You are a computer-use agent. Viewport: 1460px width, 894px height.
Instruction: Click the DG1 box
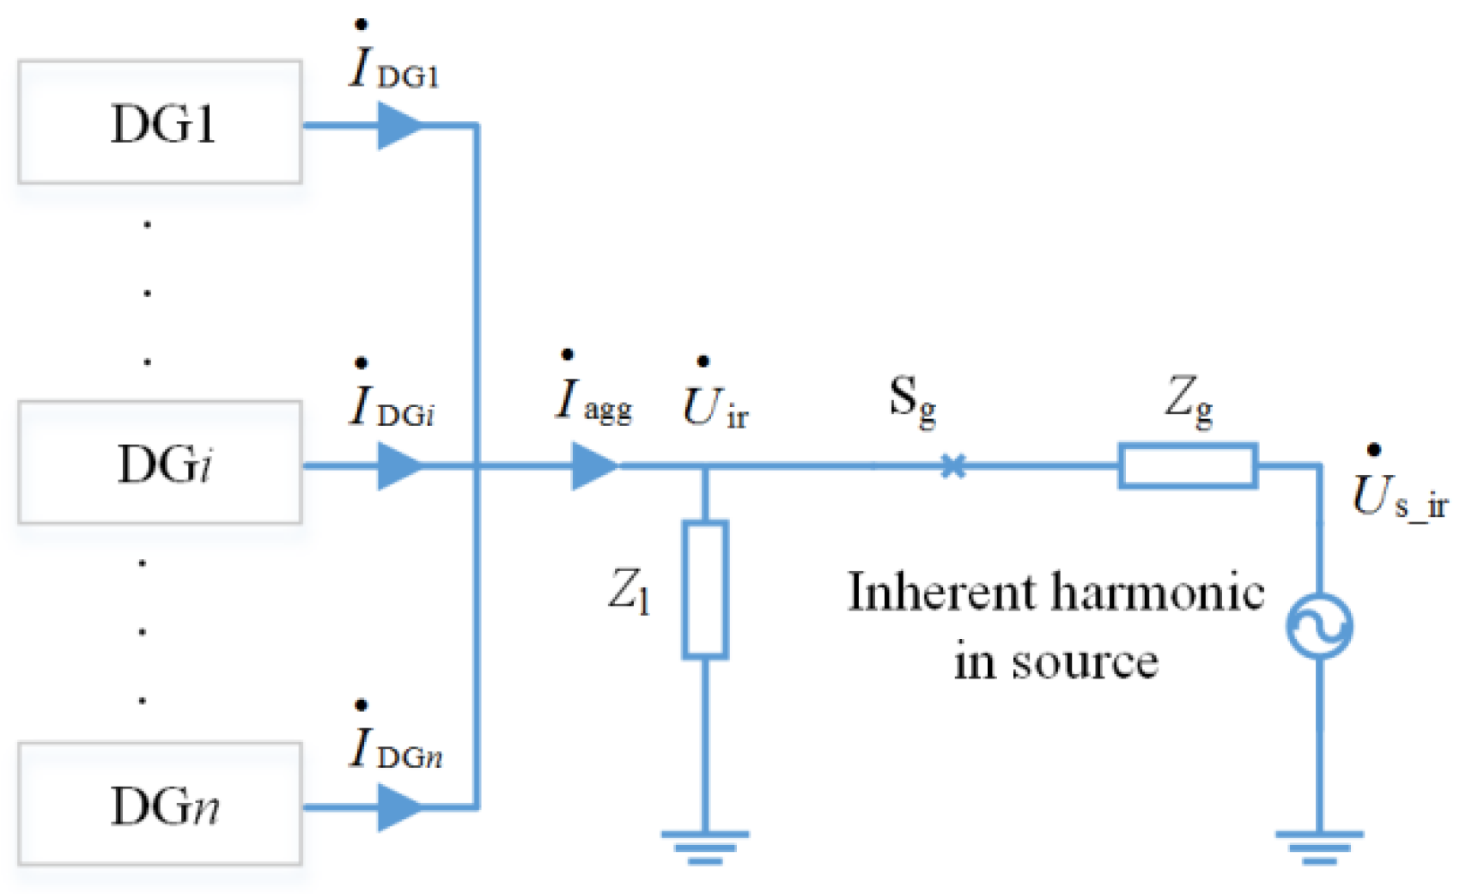pyautogui.click(x=160, y=122)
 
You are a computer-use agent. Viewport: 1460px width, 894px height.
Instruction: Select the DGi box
pyautogui.click(x=160, y=463)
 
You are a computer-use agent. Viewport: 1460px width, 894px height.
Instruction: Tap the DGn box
pyautogui.click(x=160, y=804)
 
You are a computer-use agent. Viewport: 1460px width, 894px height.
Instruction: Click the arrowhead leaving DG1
pyautogui.click(x=398, y=125)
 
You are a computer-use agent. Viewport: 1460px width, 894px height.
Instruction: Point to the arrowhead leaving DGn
pyautogui.click(x=398, y=807)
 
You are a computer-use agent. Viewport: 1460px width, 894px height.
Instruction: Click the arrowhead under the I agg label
pyautogui.click(x=593, y=466)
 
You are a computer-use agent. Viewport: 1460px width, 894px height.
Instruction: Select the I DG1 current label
pyautogui.click(x=393, y=64)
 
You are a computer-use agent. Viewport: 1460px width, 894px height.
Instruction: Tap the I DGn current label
pyautogui.click(x=395, y=745)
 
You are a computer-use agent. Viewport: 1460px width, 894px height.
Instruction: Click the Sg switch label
pyautogui.click(x=912, y=400)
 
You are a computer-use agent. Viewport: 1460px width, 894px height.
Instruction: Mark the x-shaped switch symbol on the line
pyautogui.click(x=953, y=466)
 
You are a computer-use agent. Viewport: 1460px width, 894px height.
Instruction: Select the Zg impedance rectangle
pyautogui.click(x=1188, y=466)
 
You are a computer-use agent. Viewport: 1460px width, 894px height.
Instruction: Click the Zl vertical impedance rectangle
pyautogui.click(x=705, y=590)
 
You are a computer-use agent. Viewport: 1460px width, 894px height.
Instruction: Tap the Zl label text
pyautogui.click(x=629, y=590)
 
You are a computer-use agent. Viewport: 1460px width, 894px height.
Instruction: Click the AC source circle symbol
pyautogui.click(x=1319, y=626)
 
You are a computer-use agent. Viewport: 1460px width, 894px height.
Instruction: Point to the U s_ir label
pyautogui.click(x=1398, y=494)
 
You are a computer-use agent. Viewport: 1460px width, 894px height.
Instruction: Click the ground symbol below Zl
pyautogui.click(x=705, y=846)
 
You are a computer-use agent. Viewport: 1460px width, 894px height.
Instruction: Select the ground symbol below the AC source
pyautogui.click(x=1319, y=846)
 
